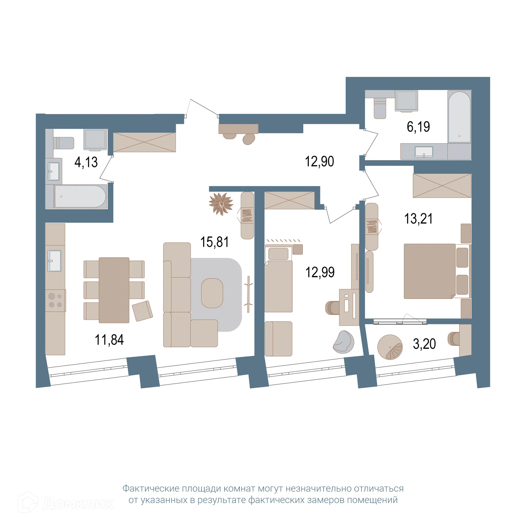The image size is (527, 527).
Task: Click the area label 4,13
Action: pyautogui.click(x=86, y=162)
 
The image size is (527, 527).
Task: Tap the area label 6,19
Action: pyautogui.click(x=418, y=127)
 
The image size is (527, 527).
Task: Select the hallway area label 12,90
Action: pyautogui.click(x=319, y=161)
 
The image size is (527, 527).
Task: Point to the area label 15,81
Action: pyautogui.click(x=214, y=242)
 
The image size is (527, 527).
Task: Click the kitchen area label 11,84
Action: pyautogui.click(x=109, y=340)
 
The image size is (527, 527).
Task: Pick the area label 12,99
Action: pyautogui.click(x=320, y=272)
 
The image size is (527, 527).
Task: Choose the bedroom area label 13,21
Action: pyautogui.click(x=418, y=219)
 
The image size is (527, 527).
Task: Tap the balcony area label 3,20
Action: pyautogui.click(x=424, y=344)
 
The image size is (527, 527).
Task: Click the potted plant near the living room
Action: pyautogui.click(x=221, y=204)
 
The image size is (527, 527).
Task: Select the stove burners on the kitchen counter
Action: pyautogui.click(x=55, y=301)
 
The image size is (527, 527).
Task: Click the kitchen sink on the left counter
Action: pyautogui.click(x=55, y=261)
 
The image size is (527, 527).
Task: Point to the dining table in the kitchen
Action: pyautogui.click(x=114, y=290)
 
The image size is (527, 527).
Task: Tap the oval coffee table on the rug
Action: pyautogui.click(x=212, y=293)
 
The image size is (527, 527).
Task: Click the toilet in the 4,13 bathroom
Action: pyautogui.click(x=64, y=143)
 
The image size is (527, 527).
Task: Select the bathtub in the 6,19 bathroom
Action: pyautogui.click(x=459, y=117)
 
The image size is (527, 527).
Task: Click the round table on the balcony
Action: pyautogui.click(x=390, y=347)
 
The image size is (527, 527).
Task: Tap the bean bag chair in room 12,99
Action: pyautogui.click(x=343, y=342)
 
